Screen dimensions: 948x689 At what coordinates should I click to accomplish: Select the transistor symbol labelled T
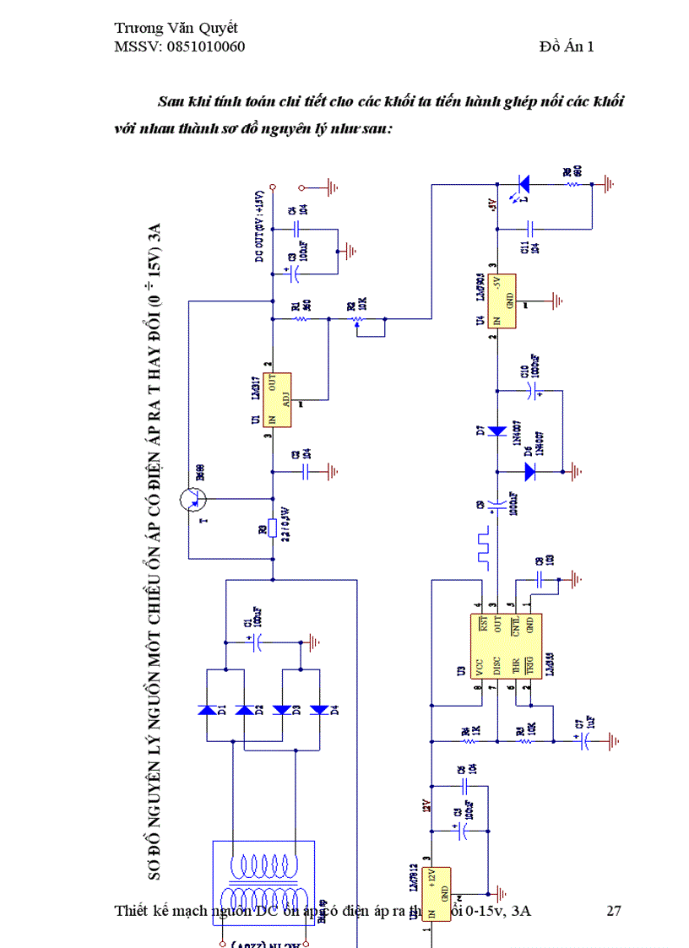pos(193,500)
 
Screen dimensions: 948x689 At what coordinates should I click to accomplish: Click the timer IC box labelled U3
pos(505,647)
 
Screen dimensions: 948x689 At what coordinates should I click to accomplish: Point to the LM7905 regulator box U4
pos(505,301)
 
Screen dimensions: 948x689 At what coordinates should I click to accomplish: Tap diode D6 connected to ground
pos(529,472)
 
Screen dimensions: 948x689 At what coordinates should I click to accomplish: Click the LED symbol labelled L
pos(524,182)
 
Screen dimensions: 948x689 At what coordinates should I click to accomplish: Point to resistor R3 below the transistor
pos(273,528)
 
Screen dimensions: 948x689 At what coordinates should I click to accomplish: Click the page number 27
pos(614,911)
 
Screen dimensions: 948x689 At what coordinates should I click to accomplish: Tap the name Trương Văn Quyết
pos(176,28)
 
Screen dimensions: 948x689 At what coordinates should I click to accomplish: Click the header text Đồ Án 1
pos(567,46)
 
